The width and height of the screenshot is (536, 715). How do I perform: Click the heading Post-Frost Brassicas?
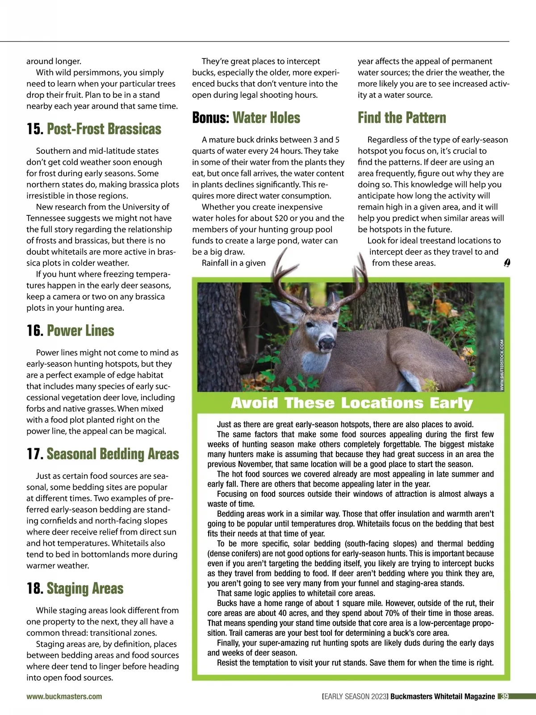[104, 129]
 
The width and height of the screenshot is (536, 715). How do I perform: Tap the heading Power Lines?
[80, 331]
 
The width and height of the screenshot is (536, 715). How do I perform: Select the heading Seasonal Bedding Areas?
[113, 454]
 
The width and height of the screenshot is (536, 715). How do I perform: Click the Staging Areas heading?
[85, 589]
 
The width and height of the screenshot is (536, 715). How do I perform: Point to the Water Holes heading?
[266, 118]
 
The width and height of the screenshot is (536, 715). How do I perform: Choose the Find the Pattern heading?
[402, 118]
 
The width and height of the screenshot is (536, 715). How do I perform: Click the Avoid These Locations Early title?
[352, 403]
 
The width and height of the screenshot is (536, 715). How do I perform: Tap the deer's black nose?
[327, 343]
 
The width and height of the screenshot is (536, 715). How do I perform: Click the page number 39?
[504, 696]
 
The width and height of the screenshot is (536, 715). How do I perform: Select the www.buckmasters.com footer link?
[64, 696]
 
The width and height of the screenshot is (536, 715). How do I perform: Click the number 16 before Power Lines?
[34, 331]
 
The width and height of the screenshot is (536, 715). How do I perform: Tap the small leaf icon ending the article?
[507, 263]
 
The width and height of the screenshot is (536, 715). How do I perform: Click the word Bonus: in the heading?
[210, 118]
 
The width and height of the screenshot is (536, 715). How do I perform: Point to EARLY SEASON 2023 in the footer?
[356, 696]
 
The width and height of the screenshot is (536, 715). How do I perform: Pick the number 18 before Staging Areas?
[34, 589]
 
